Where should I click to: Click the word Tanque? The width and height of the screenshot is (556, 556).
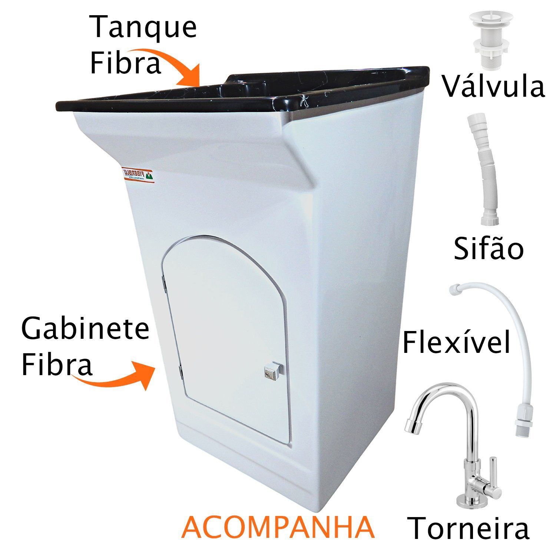pyautogui.click(x=143, y=28)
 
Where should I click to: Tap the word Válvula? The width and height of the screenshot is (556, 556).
pyautogui.click(x=493, y=87)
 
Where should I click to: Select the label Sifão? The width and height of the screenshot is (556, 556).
pyautogui.click(x=489, y=249)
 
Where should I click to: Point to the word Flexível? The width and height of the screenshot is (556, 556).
pyautogui.click(x=457, y=342)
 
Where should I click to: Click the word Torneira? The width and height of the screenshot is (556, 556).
pyautogui.click(x=469, y=528)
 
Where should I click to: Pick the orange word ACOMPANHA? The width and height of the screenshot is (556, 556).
pyautogui.click(x=278, y=527)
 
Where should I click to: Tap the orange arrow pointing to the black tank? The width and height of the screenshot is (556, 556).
pyautogui.click(x=174, y=67)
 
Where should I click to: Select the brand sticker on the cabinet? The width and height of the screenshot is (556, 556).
pyautogui.click(x=138, y=174)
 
